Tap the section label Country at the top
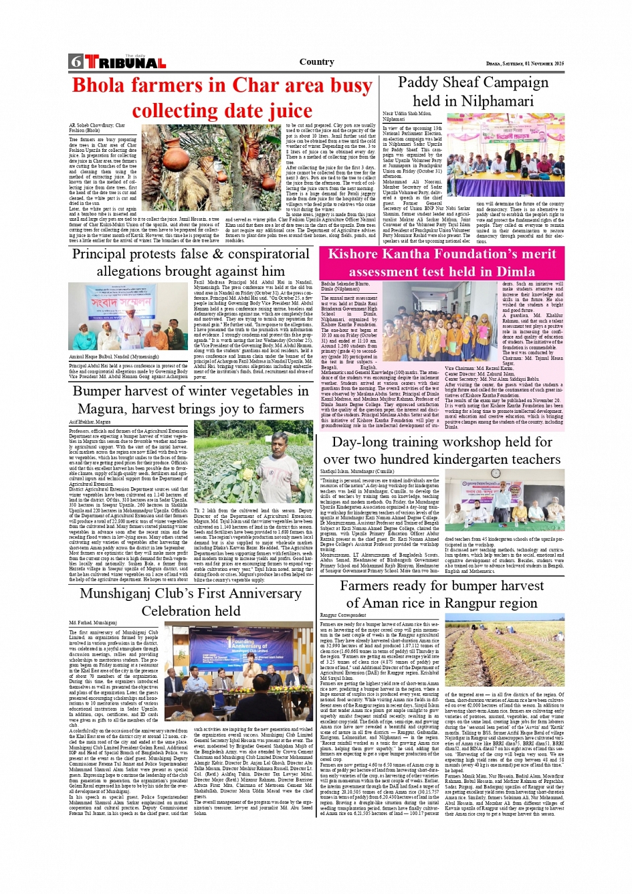point(316,62)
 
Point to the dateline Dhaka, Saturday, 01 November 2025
point(524,64)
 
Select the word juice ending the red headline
point(282,110)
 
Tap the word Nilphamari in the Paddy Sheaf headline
point(498,101)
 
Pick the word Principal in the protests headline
point(110,254)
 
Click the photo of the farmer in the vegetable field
point(254,462)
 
